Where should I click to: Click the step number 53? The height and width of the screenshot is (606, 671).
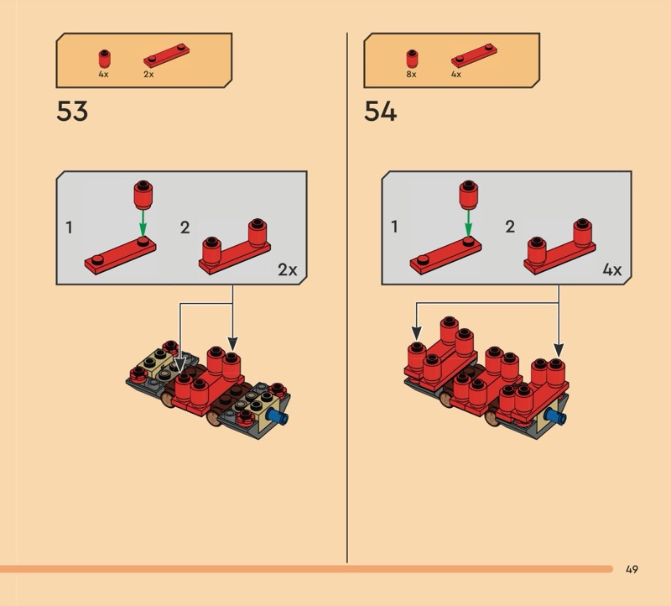(72, 112)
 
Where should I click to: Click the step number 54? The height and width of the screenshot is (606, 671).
(380, 112)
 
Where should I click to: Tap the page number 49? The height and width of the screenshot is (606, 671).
(632, 569)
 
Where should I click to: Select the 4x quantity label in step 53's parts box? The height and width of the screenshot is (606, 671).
(103, 74)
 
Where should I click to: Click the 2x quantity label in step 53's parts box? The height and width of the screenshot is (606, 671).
(148, 74)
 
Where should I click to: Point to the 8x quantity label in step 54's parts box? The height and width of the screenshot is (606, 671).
(411, 74)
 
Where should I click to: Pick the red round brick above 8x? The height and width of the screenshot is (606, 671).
(412, 59)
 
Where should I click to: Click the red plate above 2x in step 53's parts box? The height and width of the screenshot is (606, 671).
(166, 55)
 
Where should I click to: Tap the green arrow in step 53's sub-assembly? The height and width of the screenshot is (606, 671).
(143, 222)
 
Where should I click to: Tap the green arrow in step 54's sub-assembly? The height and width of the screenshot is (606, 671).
(468, 222)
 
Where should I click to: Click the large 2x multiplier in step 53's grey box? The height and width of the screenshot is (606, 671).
(287, 269)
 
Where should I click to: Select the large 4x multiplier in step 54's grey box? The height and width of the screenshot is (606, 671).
(612, 269)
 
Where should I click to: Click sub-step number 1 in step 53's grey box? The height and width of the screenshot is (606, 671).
(69, 227)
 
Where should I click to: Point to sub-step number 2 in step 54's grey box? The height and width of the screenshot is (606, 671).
(510, 227)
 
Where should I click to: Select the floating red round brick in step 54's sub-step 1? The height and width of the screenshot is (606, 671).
(469, 195)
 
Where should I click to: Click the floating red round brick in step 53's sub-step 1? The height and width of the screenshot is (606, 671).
(143, 195)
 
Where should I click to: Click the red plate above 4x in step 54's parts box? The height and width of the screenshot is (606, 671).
(474, 55)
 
